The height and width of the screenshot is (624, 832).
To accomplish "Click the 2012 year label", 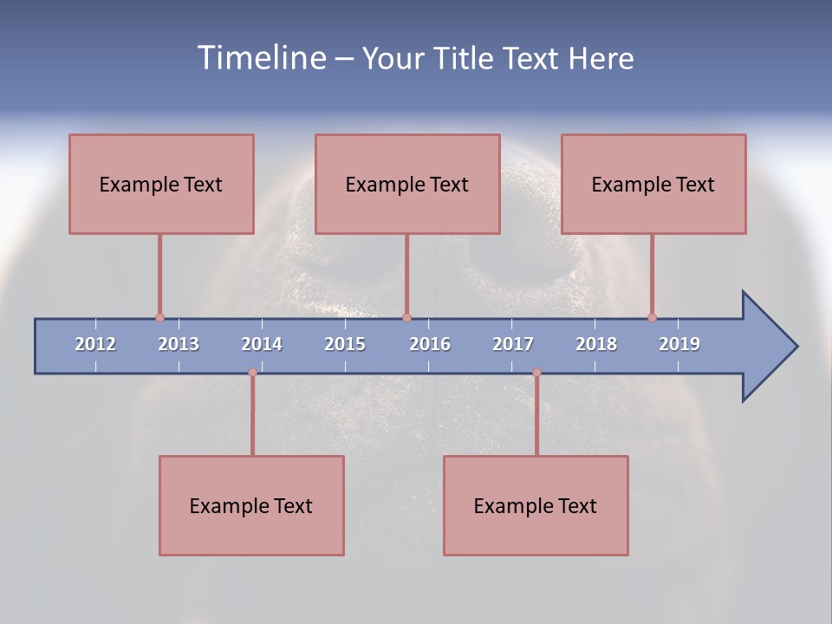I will (95, 344).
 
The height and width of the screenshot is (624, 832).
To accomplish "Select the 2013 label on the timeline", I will (179, 344).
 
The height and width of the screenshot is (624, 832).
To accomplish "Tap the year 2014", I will (262, 344).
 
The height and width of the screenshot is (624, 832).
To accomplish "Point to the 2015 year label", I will (345, 344).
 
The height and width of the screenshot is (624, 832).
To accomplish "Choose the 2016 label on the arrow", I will (430, 344).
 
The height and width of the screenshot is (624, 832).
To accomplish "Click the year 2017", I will (513, 344).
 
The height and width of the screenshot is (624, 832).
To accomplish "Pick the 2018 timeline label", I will (596, 344).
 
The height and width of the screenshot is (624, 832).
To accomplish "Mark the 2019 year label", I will (679, 344).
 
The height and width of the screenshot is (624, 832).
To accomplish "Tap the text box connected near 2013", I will (161, 184).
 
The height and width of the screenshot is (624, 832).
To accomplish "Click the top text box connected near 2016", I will (407, 184).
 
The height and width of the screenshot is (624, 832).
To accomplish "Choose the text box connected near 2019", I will (653, 184).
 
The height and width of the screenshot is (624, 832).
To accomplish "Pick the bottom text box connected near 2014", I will (251, 505).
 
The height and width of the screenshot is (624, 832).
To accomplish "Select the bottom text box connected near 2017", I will (536, 505).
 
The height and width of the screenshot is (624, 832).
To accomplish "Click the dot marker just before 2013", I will (159, 317).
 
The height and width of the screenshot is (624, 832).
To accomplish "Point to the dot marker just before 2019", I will (652, 317).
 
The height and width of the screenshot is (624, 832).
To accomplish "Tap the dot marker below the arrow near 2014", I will (252, 373).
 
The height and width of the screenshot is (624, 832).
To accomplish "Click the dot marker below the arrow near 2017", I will (536, 373).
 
